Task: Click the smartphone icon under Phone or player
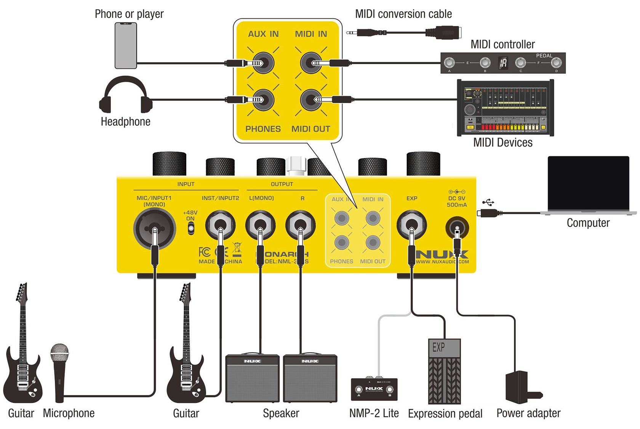(126, 46)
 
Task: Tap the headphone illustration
(126, 95)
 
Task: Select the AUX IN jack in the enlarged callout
(264, 63)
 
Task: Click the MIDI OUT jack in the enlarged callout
(311, 100)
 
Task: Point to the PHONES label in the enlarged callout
(263, 129)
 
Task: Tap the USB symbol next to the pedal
(488, 202)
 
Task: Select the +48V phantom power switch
(191, 228)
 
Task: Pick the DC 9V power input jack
(457, 228)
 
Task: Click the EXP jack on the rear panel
(411, 225)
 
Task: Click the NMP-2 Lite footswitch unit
(374, 389)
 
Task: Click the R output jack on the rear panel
(301, 225)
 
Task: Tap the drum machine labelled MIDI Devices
(505, 108)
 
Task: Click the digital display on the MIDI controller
(503, 63)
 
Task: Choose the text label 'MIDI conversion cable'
(403, 14)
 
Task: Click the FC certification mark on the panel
(205, 252)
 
